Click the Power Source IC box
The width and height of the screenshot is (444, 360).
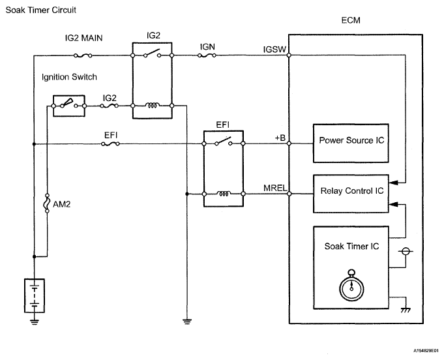pyautogui.click(x=351, y=140)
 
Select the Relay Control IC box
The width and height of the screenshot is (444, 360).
pyautogui.click(x=351, y=193)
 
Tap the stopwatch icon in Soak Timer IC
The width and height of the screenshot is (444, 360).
pyautogui.click(x=351, y=285)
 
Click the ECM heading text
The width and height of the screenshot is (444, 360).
pyautogui.click(x=351, y=22)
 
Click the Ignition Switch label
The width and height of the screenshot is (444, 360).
pyautogui.click(x=69, y=77)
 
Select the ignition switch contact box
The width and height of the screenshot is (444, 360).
pyautogui.click(x=68, y=104)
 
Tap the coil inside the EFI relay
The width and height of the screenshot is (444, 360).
pyautogui.click(x=224, y=194)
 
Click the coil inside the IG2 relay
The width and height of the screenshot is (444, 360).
pyautogui.click(x=152, y=105)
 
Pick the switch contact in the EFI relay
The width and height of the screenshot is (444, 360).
pyautogui.click(x=224, y=141)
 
